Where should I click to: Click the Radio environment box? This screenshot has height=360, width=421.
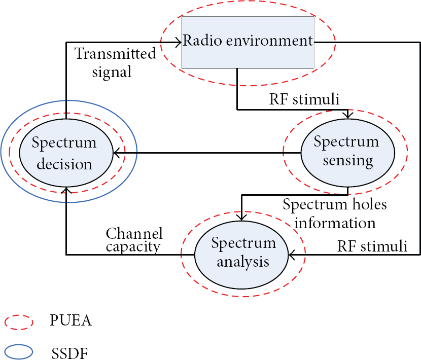[248, 42]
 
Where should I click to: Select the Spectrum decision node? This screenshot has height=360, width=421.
[66, 153]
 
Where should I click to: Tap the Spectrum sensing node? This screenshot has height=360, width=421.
[347, 153]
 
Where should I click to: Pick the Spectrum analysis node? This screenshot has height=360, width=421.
[241, 255]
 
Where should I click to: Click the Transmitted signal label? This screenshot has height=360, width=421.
[115, 63]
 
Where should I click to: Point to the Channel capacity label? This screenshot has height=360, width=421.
[134, 240]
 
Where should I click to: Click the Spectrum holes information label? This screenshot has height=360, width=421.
[335, 214]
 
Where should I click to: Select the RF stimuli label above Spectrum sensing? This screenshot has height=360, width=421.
[304, 99]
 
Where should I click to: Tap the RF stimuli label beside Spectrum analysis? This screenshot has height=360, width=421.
[372, 246]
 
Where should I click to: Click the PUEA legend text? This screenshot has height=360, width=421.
[71, 320]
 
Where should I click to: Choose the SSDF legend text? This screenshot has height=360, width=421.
[69, 353]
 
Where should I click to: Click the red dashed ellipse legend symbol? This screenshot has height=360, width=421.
[19, 322]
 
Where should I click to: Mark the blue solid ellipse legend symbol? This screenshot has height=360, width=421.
[19, 352]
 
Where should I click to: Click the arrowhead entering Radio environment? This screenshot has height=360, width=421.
[178, 42]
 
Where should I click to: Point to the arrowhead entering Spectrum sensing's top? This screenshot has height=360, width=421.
[348, 116]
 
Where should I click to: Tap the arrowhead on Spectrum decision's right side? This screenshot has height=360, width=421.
[117, 153]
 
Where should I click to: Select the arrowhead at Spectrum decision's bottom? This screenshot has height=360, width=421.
[66, 190]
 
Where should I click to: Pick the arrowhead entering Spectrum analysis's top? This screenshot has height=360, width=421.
[241, 217]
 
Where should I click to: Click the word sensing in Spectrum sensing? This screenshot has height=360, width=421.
[348, 161]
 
